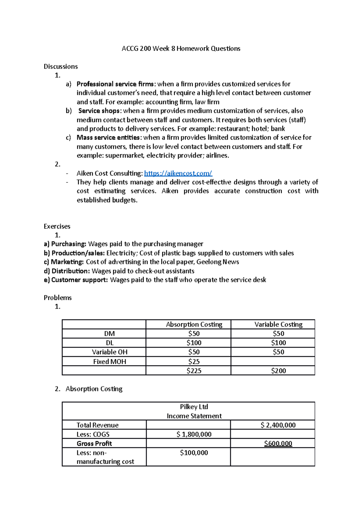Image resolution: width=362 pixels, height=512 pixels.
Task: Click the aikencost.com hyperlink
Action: coord(178,173)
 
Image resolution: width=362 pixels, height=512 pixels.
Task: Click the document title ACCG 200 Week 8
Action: coord(181,49)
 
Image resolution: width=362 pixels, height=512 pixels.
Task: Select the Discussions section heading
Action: coord(61,66)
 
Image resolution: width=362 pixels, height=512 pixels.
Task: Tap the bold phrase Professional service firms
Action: coord(115,84)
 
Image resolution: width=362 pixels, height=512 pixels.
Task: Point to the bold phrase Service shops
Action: coord(99,111)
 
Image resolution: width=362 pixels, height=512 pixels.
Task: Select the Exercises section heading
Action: coord(57,226)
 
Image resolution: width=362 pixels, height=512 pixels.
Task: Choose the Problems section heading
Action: coord(58,298)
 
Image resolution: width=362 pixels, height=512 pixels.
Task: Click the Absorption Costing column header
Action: coord(194,324)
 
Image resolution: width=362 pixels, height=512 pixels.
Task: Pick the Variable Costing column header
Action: coord(278,324)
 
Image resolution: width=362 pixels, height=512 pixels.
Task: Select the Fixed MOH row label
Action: coord(110,362)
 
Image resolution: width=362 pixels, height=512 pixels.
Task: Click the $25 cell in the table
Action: coord(194,362)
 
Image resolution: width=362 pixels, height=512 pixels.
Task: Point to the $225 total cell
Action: coord(194,371)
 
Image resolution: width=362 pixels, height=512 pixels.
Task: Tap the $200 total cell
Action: coord(278,371)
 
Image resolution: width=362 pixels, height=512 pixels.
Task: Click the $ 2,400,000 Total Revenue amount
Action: coord(278,425)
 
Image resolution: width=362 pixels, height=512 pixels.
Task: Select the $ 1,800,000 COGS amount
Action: coord(194,434)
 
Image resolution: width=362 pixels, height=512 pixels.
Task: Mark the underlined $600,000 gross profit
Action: coord(278,444)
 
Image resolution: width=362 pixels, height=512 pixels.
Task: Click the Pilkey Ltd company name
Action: coord(194,407)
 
